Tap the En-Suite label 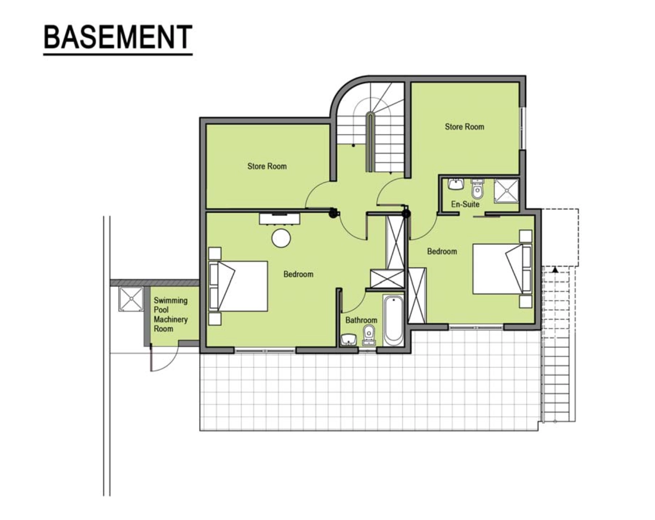465,204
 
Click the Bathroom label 361,320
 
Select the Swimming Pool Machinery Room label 171,314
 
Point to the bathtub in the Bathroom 393,320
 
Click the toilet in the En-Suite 477,189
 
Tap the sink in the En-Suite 455,185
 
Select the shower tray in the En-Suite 506,191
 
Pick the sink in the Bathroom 349,340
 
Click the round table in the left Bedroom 281,238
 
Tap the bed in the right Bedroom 502,269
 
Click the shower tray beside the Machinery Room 131,299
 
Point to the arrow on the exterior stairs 555,269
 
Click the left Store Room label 267,166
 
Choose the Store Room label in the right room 464,127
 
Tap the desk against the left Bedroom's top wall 280,219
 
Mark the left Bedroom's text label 298,274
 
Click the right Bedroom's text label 442,251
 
